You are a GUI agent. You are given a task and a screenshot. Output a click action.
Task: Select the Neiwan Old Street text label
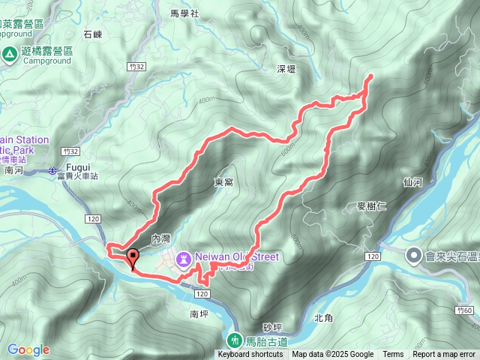click(x=237, y=257)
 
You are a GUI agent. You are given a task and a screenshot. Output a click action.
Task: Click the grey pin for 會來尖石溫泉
click(x=413, y=256)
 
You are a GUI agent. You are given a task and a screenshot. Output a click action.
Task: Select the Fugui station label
click(x=78, y=166)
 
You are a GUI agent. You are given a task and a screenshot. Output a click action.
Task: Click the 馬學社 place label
click(x=184, y=13)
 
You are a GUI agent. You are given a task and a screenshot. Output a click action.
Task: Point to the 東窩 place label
click(x=223, y=182)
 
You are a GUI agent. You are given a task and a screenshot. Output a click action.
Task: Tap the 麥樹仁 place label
click(x=371, y=206)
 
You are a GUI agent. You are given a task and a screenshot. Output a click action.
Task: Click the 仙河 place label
click(x=413, y=181)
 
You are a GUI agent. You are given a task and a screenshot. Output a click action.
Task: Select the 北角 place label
click(x=323, y=317)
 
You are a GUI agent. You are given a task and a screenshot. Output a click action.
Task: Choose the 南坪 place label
click(x=199, y=314)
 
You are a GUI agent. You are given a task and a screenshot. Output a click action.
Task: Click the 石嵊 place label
click(x=93, y=34)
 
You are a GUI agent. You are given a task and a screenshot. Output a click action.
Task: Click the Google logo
click(x=28, y=349)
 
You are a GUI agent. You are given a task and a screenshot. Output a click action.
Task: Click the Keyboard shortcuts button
click(x=250, y=355)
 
